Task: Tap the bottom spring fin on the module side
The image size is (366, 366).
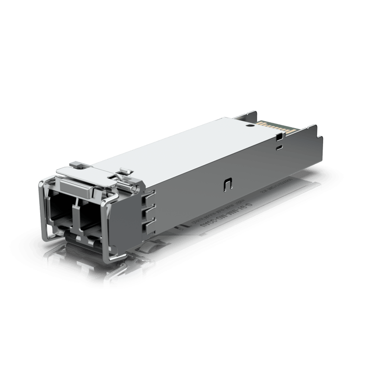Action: click(147, 226)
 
